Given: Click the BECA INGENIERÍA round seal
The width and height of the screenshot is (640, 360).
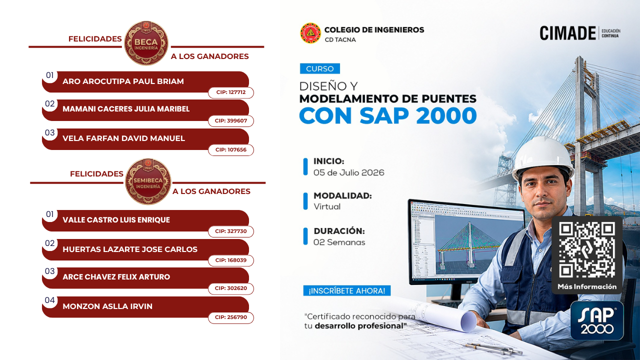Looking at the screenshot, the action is tap(146, 43).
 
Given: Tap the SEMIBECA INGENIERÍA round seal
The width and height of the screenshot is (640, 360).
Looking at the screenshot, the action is tap(148, 181).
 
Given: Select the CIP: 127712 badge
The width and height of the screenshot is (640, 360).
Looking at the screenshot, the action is tap(231, 92).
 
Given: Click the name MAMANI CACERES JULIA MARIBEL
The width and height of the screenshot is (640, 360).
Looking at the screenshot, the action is tap(126, 109).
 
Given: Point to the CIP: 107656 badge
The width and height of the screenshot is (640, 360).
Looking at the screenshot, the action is tap(231, 149).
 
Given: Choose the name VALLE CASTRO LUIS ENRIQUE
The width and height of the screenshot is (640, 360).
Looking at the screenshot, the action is tap(116, 219).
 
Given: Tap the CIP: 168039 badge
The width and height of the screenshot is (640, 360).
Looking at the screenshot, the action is tap(231, 260).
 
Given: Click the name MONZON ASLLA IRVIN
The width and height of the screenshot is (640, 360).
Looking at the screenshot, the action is tap(107, 306).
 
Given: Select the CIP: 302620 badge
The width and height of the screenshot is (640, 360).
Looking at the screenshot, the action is tap(231, 288).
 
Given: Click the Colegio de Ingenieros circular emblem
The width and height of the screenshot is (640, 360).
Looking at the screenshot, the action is tap(310, 33).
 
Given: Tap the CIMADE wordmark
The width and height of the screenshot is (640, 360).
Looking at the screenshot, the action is tap(567, 33).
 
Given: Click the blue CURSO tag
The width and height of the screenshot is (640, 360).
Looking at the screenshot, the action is tap(320, 68).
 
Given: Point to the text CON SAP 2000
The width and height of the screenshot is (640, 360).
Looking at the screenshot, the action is tap(388, 115).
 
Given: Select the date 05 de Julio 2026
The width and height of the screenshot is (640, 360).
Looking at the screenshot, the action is tap(349, 172).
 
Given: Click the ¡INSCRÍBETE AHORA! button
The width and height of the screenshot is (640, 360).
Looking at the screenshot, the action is tap(347, 291).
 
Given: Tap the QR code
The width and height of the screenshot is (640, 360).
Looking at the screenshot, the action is tap(586, 250).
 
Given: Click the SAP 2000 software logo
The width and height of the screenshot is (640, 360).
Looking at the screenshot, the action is tap(597, 320).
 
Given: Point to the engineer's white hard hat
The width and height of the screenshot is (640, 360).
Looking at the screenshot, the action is tap(542, 157).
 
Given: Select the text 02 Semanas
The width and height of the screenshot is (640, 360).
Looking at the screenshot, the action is tap(339, 242).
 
